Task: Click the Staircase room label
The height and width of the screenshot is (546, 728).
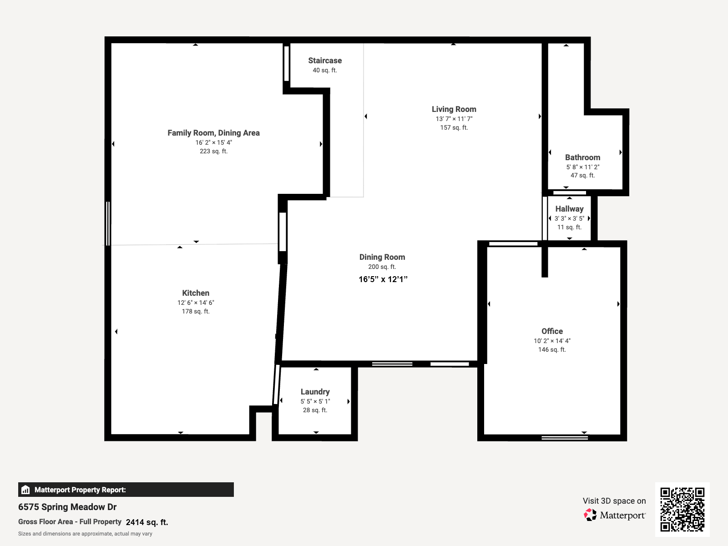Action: tap(325, 61)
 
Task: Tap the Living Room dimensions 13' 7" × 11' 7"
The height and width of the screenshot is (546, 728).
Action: tap(454, 119)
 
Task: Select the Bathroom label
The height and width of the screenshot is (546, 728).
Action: tap(582, 157)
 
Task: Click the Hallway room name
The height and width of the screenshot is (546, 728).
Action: tap(569, 209)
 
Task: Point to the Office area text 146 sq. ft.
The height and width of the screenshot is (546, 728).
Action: tap(552, 349)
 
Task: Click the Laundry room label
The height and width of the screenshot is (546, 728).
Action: tap(315, 392)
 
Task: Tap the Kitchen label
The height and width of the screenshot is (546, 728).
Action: tap(196, 293)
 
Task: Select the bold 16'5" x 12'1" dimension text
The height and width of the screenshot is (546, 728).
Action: tap(383, 279)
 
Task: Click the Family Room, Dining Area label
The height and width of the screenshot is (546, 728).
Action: tap(213, 133)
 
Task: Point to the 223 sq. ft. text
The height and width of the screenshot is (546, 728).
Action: tap(213, 151)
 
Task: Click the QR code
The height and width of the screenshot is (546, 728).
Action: tap(682, 509)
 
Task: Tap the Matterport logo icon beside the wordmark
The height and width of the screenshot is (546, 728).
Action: tap(590, 515)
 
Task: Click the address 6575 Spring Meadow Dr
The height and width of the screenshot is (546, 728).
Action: tap(67, 507)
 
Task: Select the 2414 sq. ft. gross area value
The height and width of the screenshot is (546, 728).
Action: tap(147, 522)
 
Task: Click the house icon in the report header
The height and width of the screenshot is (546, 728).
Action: tap(25, 490)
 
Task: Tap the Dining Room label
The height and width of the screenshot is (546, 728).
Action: tap(382, 257)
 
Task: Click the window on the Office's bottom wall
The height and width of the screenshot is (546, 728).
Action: tap(565, 438)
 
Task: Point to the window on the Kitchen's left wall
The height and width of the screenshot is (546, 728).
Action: tap(108, 223)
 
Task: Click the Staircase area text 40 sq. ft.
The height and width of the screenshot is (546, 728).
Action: tap(325, 70)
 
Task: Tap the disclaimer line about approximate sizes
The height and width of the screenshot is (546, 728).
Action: tap(85, 534)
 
